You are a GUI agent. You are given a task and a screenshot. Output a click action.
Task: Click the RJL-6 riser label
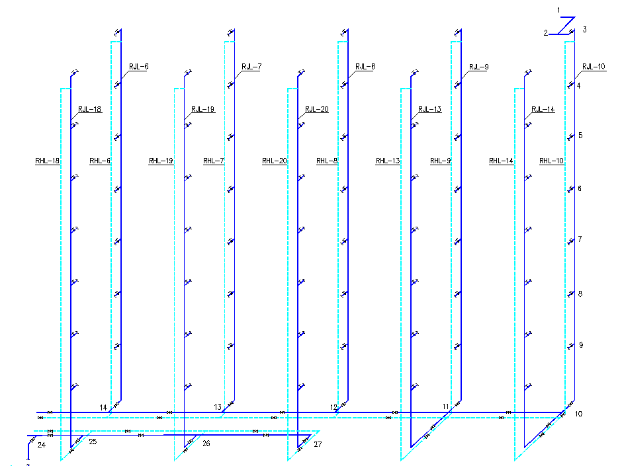coord(139,67)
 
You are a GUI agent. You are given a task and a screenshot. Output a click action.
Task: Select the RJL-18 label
coord(90,109)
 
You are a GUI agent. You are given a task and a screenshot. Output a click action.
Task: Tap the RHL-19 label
coord(161,161)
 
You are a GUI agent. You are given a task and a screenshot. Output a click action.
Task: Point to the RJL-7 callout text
coord(251,67)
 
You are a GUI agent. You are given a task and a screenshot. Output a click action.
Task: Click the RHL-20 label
coord(275,161)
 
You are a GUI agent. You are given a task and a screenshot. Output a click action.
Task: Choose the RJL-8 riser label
coord(365,67)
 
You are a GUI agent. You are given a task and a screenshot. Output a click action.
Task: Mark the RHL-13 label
coord(388,161)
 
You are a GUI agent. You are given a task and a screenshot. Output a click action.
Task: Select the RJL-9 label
coord(479,67)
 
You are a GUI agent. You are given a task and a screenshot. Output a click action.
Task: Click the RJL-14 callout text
coord(543,109)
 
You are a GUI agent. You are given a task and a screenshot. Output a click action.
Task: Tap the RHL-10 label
coord(552,161)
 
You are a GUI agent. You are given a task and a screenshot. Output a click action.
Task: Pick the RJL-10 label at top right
coord(594,67)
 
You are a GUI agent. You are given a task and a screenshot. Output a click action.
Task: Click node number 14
coord(103,408)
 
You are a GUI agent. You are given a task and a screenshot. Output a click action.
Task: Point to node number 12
coord(333,407)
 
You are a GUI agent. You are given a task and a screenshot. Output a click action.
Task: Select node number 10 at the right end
coord(578,414)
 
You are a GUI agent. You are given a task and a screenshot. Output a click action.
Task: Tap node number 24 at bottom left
coord(42,445)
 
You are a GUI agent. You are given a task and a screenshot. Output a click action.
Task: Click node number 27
coord(318,444)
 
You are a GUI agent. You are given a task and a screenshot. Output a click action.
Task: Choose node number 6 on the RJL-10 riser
coord(580,188)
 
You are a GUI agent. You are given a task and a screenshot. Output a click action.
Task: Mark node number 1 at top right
coord(558,11)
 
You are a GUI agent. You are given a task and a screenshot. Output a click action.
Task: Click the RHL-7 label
coord(214,161)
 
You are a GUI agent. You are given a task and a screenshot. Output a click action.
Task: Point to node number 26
coord(206,444)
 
